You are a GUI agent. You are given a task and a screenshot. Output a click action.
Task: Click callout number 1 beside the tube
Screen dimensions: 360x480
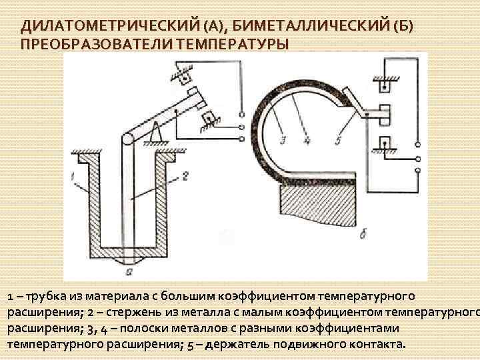click(x=72, y=176)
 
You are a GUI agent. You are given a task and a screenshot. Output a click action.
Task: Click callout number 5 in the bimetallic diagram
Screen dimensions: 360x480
click(x=337, y=141)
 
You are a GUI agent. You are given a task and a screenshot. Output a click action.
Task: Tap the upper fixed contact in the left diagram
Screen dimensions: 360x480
click(x=181, y=73)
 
